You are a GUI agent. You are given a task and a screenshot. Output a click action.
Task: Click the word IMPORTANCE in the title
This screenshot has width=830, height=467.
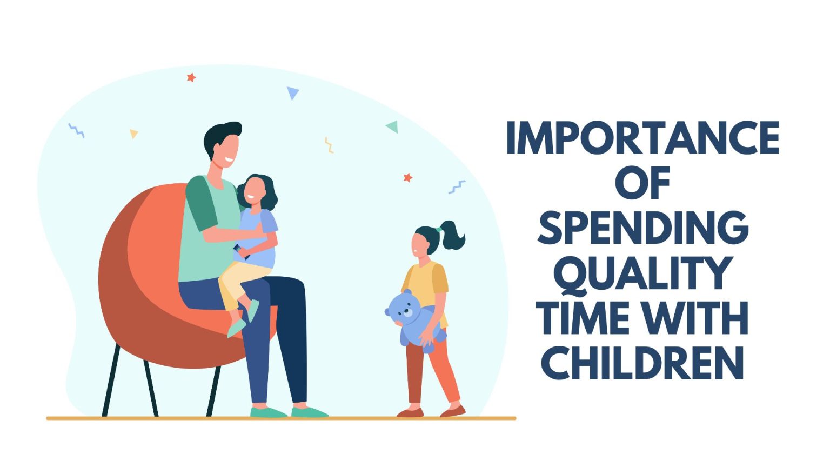point(642,138)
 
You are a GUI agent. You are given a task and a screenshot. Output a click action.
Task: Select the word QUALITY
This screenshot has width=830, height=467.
point(642,273)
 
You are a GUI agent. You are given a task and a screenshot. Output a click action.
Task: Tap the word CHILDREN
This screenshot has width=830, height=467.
point(642,363)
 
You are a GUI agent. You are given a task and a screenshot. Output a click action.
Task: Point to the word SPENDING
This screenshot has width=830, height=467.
point(642,228)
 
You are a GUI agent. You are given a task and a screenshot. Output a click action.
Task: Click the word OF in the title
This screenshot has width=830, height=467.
point(642,183)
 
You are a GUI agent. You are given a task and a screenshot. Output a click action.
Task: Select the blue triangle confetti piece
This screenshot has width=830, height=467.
point(292,93)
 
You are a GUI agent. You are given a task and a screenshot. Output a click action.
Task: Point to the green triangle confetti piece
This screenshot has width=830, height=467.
point(393,126)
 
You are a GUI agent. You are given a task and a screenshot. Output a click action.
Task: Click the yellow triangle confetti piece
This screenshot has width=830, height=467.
point(133,133)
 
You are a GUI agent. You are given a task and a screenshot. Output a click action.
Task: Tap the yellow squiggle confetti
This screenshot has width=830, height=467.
point(329,145)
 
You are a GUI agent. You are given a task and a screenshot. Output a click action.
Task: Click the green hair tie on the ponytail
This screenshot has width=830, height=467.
point(439,230)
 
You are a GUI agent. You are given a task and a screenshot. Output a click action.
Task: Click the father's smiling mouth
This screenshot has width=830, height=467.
point(229,160)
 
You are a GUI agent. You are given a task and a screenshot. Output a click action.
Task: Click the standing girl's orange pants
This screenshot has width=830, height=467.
point(432,373)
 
